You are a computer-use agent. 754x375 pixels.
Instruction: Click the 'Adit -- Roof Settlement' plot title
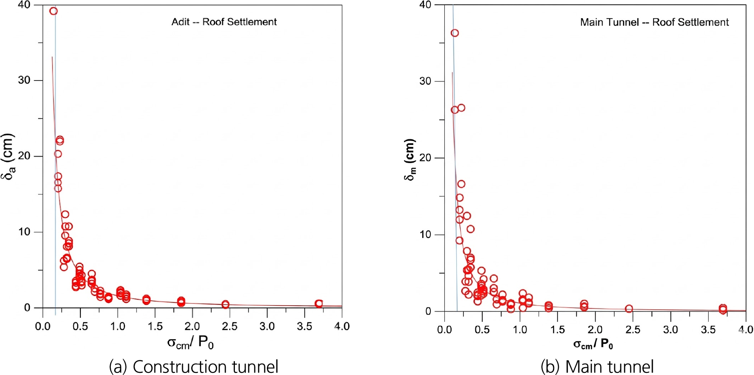224,22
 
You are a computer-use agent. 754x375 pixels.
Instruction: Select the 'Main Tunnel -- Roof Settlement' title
654,22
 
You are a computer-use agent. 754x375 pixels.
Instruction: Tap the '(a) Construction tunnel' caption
193,366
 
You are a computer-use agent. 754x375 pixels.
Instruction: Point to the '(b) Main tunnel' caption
597,366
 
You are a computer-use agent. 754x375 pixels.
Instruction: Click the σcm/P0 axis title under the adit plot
190,343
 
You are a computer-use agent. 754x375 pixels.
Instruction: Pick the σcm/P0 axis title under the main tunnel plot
593,344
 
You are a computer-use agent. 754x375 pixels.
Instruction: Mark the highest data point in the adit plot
53,11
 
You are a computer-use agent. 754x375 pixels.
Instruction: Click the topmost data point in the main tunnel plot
455,33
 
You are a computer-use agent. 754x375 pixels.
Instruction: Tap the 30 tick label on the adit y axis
24,80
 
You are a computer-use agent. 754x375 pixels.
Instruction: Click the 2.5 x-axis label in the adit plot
229,327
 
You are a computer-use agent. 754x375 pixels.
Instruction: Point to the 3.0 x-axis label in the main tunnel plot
671,330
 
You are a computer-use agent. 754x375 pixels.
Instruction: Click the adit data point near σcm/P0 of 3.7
319,304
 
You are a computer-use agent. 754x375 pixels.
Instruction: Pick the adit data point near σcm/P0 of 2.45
225,304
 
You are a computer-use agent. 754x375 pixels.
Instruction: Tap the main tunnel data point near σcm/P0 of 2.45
629,308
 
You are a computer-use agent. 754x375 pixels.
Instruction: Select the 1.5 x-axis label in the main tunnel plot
557,330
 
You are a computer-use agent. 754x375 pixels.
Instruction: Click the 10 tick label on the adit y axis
24,232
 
